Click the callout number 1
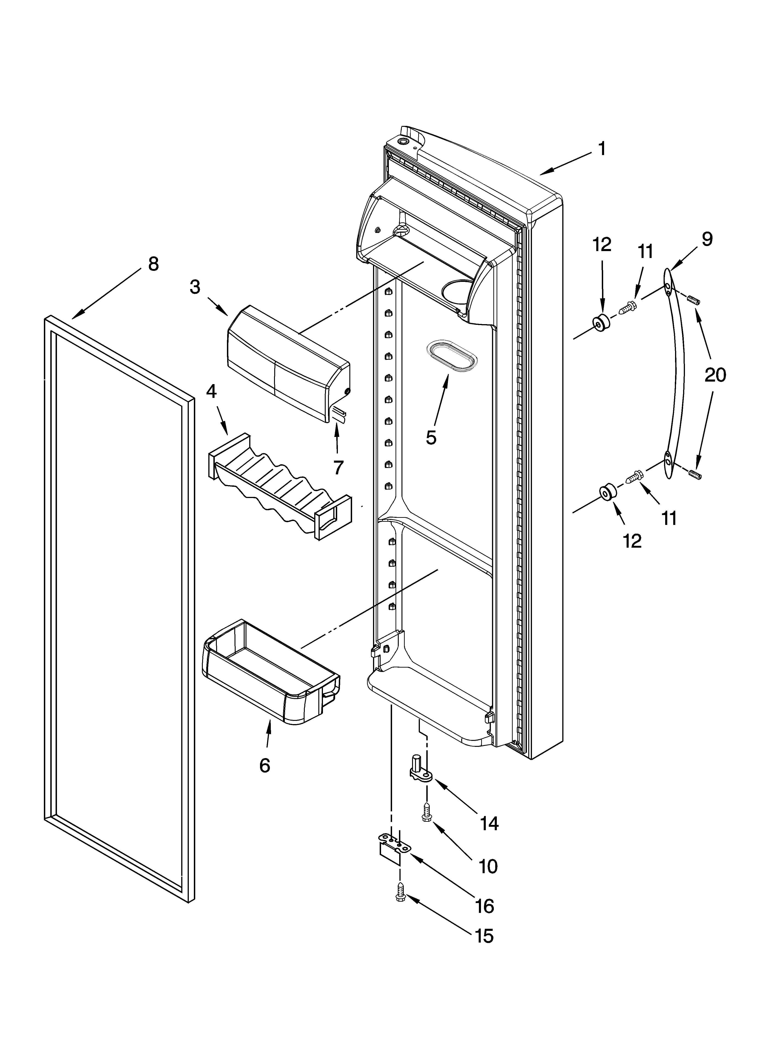click(x=602, y=149)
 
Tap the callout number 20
click(x=715, y=375)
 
